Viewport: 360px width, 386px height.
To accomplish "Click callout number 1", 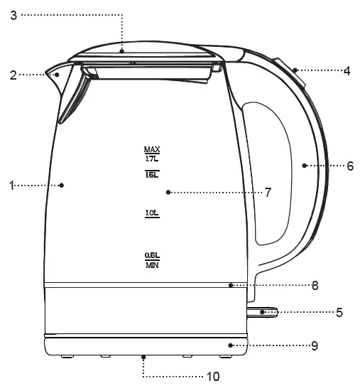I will pyautogui.click(x=12, y=186).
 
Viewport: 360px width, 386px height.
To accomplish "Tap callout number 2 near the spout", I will pyautogui.click(x=13, y=73).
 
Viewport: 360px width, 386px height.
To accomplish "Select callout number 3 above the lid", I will pyautogui.click(x=13, y=14).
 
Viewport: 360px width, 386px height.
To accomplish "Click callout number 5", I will pyautogui.click(x=340, y=311).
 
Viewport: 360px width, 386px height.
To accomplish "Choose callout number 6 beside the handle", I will pyautogui.click(x=349, y=166).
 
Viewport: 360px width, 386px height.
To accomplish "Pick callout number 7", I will pyautogui.click(x=268, y=192).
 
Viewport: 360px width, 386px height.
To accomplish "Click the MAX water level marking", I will pyautogui.click(x=152, y=150).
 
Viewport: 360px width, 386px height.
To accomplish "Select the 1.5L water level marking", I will pyautogui.click(x=152, y=173).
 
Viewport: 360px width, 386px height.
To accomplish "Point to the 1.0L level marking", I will pyautogui.click(x=152, y=213).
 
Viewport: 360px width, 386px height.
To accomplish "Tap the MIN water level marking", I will pyautogui.click(x=152, y=265).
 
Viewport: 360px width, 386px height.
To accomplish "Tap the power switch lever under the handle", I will pyautogui.click(x=263, y=311).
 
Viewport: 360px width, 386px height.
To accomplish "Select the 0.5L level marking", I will pyautogui.click(x=152, y=255).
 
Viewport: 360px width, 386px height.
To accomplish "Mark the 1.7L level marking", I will pyautogui.click(x=152, y=160).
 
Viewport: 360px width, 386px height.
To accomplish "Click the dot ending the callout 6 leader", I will pyautogui.click(x=304, y=166).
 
